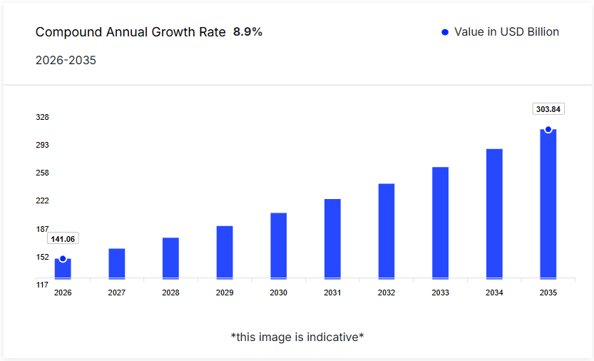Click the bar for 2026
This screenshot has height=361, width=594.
63,269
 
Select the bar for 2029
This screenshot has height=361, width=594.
225,252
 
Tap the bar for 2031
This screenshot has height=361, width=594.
332,238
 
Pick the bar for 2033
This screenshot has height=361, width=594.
440,223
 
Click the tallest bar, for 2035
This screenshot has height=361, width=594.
548,204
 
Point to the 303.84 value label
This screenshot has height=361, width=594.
548,109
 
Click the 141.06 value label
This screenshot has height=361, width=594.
63,239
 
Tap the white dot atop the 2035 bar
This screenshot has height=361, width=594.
548,129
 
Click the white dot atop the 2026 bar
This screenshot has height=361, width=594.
63,259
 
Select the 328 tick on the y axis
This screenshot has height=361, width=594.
42,117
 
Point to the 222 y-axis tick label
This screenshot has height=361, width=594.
42,200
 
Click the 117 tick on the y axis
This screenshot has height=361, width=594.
42,285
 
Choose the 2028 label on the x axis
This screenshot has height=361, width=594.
170,293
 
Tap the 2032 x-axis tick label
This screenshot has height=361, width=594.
386,293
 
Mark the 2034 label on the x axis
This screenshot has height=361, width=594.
494,293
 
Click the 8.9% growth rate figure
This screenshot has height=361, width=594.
247,32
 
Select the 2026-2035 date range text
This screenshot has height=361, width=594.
66,60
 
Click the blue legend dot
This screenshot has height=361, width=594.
445,32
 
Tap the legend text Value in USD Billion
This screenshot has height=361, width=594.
506,32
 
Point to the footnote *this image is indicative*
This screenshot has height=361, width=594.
297,337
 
